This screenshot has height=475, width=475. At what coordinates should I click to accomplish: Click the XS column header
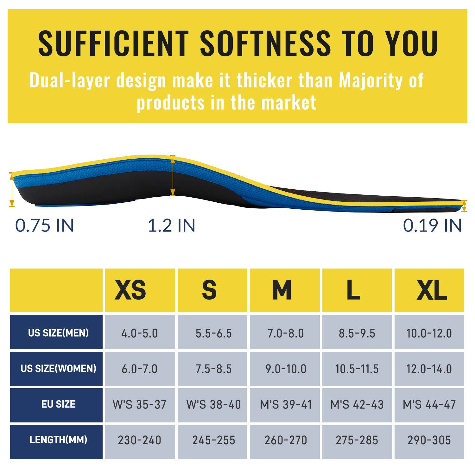[140, 290]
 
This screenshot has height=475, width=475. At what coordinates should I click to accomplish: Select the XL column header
[429, 290]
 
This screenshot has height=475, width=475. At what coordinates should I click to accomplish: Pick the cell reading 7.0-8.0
[285, 333]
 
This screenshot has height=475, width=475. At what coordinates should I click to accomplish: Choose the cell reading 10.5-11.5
[357, 369]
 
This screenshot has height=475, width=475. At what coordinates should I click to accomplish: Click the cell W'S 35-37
[140, 404]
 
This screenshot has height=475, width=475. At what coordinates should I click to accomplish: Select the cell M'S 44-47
[429, 404]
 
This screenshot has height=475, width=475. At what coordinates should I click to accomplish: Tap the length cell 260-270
[285, 440]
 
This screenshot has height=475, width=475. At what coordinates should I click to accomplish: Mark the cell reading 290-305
[429, 440]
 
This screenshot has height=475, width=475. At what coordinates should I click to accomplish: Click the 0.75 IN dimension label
[45, 225]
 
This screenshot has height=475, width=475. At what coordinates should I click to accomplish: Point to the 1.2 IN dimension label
[171, 225]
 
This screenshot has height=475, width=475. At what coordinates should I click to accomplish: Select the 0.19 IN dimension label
[432, 225]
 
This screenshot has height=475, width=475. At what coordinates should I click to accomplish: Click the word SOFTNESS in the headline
[265, 43]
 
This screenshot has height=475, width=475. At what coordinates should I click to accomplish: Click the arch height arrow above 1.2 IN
[173, 176]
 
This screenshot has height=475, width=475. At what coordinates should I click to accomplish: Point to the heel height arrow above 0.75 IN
[12, 190]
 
